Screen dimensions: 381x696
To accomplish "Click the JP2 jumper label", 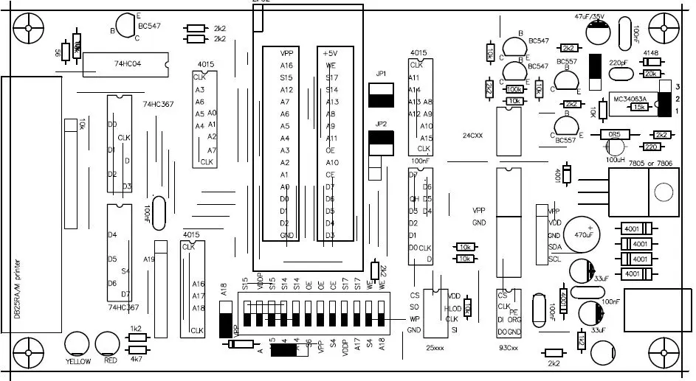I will [381, 124].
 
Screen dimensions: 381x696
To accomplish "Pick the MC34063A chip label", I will [630, 99].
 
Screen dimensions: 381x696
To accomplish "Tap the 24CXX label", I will [473, 136].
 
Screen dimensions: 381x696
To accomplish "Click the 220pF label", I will [619, 63].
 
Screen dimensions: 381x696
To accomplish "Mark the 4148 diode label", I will [650, 54].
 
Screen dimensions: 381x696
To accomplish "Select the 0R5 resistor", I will [612, 135].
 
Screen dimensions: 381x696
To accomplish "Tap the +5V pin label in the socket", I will [330, 54].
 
